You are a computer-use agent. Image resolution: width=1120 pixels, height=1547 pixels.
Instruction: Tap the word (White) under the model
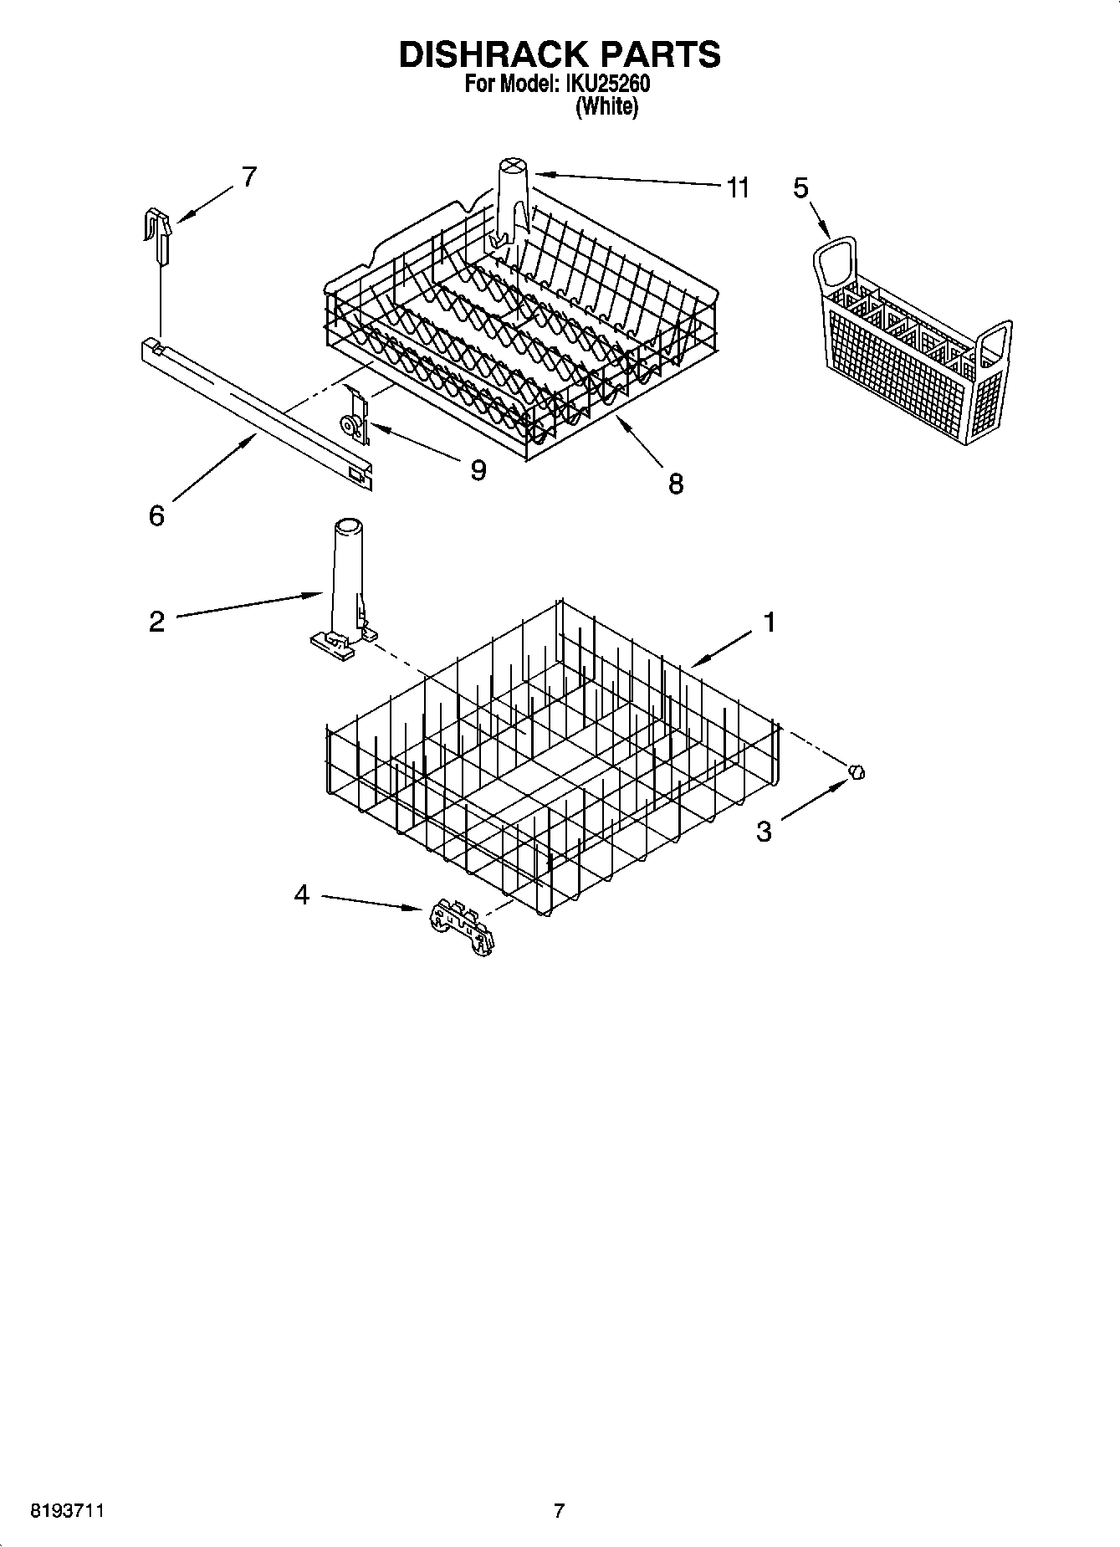pyautogui.click(x=607, y=107)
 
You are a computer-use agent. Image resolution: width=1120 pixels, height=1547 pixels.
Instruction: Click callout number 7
pyautogui.click(x=248, y=177)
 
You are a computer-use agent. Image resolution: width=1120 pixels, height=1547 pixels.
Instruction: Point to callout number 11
pyautogui.click(x=737, y=188)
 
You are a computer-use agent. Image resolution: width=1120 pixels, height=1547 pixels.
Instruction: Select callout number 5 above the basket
pyautogui.click(x=800, y=188)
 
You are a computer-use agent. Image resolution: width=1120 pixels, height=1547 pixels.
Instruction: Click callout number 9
pyautogui.click(x=478, y=470)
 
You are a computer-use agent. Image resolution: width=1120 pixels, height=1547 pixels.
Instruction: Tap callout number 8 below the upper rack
pyautogui.click(x=675, y=483)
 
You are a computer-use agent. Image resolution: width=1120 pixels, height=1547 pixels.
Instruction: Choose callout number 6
pyautogui.click(x=156, y=515)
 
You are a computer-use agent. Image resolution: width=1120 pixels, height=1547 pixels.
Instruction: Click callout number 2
pyautogui.click(x=156, y=622)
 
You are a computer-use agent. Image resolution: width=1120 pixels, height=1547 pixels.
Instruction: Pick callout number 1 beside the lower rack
pyautogui.click(x=769, y=622)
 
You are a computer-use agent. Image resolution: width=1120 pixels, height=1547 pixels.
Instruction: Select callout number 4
pyautogui.click(x=302, y=895)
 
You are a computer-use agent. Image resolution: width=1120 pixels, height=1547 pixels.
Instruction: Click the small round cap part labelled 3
pyautogui.click(x=857, y=771)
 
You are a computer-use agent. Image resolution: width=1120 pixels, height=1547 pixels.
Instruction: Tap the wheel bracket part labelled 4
pyautogui.click(x=460, y=927)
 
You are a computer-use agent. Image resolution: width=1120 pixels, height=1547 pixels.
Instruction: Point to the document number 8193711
pyautogui.click(x=67, y=1511)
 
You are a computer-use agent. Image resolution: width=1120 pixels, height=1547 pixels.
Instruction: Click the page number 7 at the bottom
pyautogui.click(x=559, y=1511)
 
